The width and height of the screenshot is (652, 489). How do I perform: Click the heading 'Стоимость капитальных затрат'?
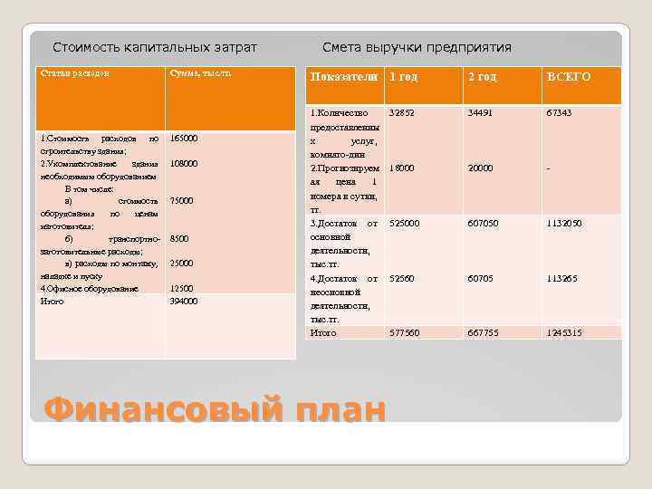155,47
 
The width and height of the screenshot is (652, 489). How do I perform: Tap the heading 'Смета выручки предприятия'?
417,47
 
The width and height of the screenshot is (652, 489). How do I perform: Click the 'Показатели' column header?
344,77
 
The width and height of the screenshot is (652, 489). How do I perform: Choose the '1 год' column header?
403,77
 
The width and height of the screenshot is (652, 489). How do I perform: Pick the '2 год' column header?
482,77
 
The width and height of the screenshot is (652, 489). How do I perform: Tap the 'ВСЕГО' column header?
569,77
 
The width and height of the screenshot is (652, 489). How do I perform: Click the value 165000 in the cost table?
184,139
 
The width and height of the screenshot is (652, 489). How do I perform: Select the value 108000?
184,164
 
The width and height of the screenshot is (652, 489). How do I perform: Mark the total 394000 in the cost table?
184,301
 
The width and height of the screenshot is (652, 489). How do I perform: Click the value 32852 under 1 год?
401,113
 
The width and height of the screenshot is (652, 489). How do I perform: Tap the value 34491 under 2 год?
481,113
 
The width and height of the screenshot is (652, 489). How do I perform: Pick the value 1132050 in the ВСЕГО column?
564,223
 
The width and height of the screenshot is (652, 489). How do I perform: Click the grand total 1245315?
564,333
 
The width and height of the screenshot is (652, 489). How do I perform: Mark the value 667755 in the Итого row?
484,333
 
